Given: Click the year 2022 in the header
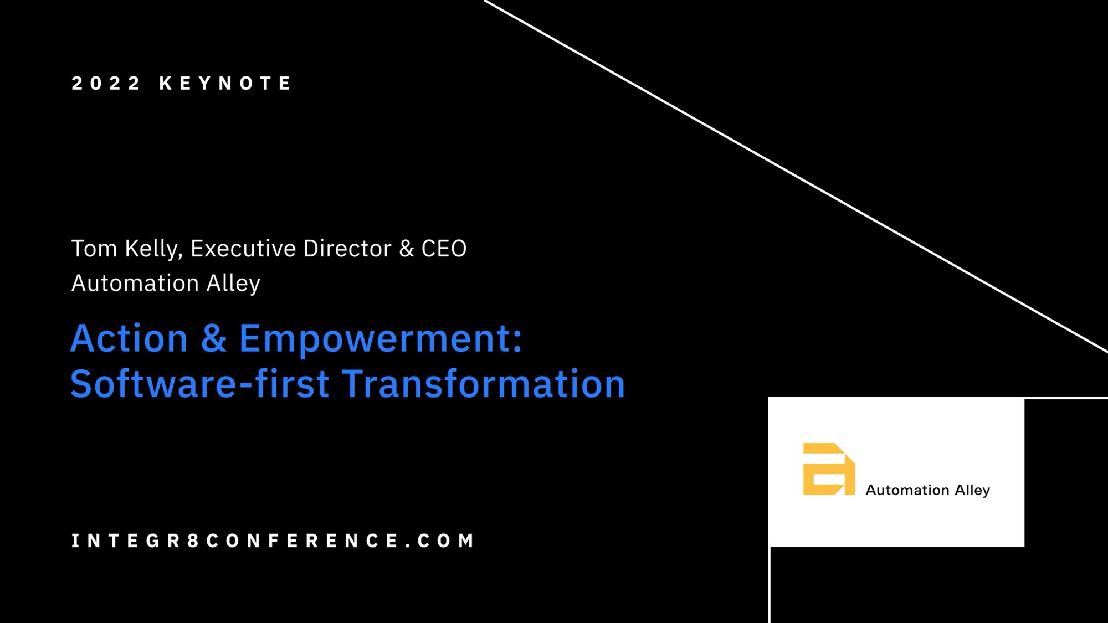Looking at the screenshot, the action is tap(106, 83).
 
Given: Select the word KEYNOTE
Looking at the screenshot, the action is tap(225, 83).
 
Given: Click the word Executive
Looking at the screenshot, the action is tap(243, 249).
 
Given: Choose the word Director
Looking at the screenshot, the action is tap(347, 249).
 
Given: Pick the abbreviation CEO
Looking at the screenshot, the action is tap(444, 249).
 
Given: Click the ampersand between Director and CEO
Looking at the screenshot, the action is tap(407, 249).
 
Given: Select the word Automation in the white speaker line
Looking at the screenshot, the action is tap(135, 284).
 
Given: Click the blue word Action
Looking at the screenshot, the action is tap(130, 338).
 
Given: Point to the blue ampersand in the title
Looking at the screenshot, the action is tap(214, 338).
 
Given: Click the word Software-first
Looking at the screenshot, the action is tap(200, 383).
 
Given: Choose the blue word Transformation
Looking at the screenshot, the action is tap(484, 383).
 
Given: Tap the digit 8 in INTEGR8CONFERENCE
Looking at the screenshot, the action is tap(193, 540).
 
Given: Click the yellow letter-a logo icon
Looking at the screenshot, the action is tap(829, 469).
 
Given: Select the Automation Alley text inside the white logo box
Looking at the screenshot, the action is tap(928, 490).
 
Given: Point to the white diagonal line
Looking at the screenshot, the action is tap(796, 176).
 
